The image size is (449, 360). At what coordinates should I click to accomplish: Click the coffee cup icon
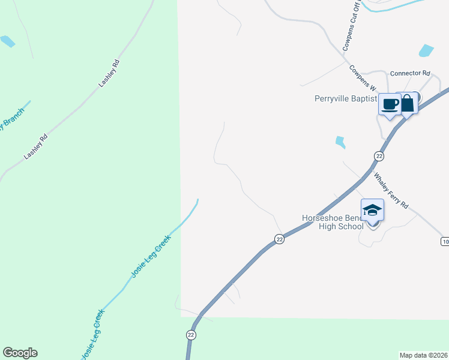[390, 104]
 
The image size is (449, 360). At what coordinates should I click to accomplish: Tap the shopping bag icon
[407, 103]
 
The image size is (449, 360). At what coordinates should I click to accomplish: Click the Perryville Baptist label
[346, 99]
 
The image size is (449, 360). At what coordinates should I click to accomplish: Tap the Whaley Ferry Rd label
[391, 190]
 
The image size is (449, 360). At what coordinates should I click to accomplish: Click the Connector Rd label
[410, 73]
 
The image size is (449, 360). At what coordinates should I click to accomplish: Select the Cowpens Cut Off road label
[351, 27]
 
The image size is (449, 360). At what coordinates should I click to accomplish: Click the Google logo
[20, 353]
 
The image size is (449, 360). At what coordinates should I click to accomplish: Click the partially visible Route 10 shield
[444, 241]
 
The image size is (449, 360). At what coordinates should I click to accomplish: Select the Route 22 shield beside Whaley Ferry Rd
[379, 156]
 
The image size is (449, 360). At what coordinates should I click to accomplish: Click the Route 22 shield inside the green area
[191, 335]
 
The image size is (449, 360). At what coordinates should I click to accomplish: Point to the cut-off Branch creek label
[13, 118]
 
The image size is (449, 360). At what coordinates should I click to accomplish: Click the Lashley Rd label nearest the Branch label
[35, 147]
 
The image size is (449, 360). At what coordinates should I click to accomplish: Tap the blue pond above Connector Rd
[426, 50]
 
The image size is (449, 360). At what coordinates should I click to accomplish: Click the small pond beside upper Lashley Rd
[7, 41]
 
